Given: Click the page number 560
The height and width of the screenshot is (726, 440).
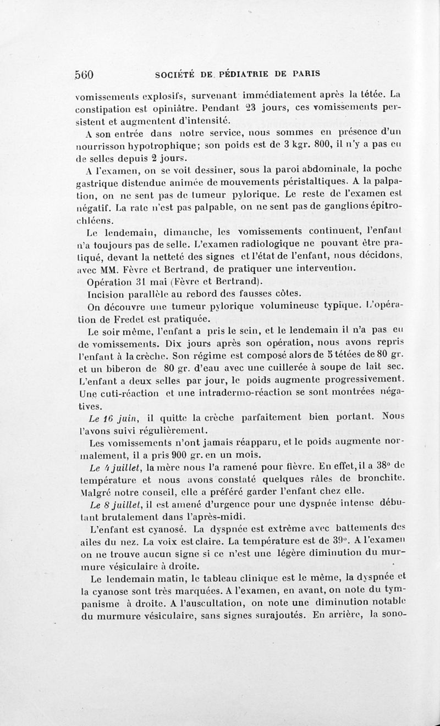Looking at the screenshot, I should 85,74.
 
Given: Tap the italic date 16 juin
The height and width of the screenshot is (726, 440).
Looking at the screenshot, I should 106,419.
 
